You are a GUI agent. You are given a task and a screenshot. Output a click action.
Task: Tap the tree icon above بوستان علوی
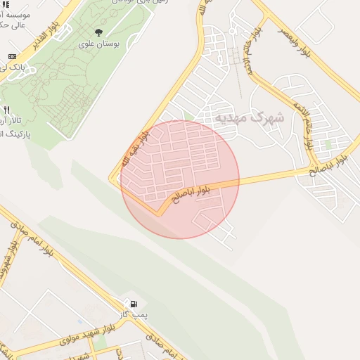(98, 32)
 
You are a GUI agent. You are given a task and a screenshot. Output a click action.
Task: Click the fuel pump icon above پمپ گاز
(132, 304)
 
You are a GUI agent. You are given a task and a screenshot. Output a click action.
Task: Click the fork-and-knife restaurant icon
(7, 110)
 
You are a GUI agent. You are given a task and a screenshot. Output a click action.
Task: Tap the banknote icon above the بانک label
(12, 56)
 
